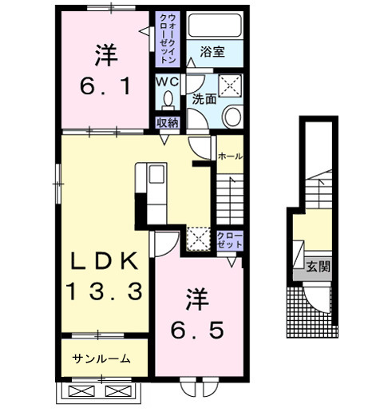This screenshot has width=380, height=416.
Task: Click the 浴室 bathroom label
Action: (212, 53)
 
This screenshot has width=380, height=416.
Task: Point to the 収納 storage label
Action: (167, 122)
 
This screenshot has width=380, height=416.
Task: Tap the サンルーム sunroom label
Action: (102, 359)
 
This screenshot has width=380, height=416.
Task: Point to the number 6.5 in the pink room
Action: (196, 327)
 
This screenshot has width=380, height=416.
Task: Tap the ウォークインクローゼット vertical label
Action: (169, 39)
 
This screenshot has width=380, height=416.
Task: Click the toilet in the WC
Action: (168, 100)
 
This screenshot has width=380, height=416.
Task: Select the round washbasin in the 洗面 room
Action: (232, 117)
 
